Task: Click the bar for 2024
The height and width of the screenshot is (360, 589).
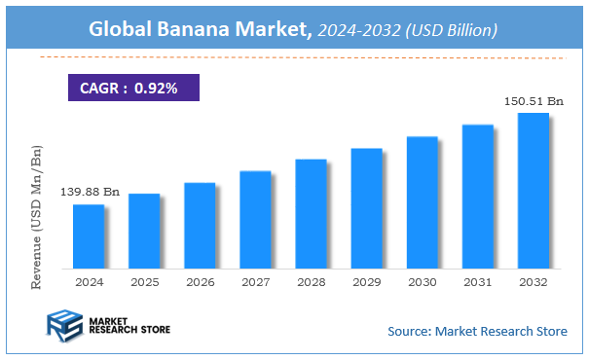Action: point(89,236)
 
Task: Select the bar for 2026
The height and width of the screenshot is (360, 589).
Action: point(200,226)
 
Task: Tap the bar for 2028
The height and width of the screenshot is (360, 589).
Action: point(311,214)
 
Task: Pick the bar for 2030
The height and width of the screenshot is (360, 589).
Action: point(422,202)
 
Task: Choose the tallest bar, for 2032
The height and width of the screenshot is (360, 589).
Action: point(533,191)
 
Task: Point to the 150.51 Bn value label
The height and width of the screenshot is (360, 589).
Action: point(532,101)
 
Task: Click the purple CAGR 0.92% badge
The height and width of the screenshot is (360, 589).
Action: point(133,89)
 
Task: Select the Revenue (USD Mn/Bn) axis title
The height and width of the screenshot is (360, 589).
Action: point(38,217)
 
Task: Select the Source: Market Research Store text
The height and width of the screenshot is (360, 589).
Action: point(477,332)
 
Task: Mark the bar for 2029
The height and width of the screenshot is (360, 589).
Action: point(366,208)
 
